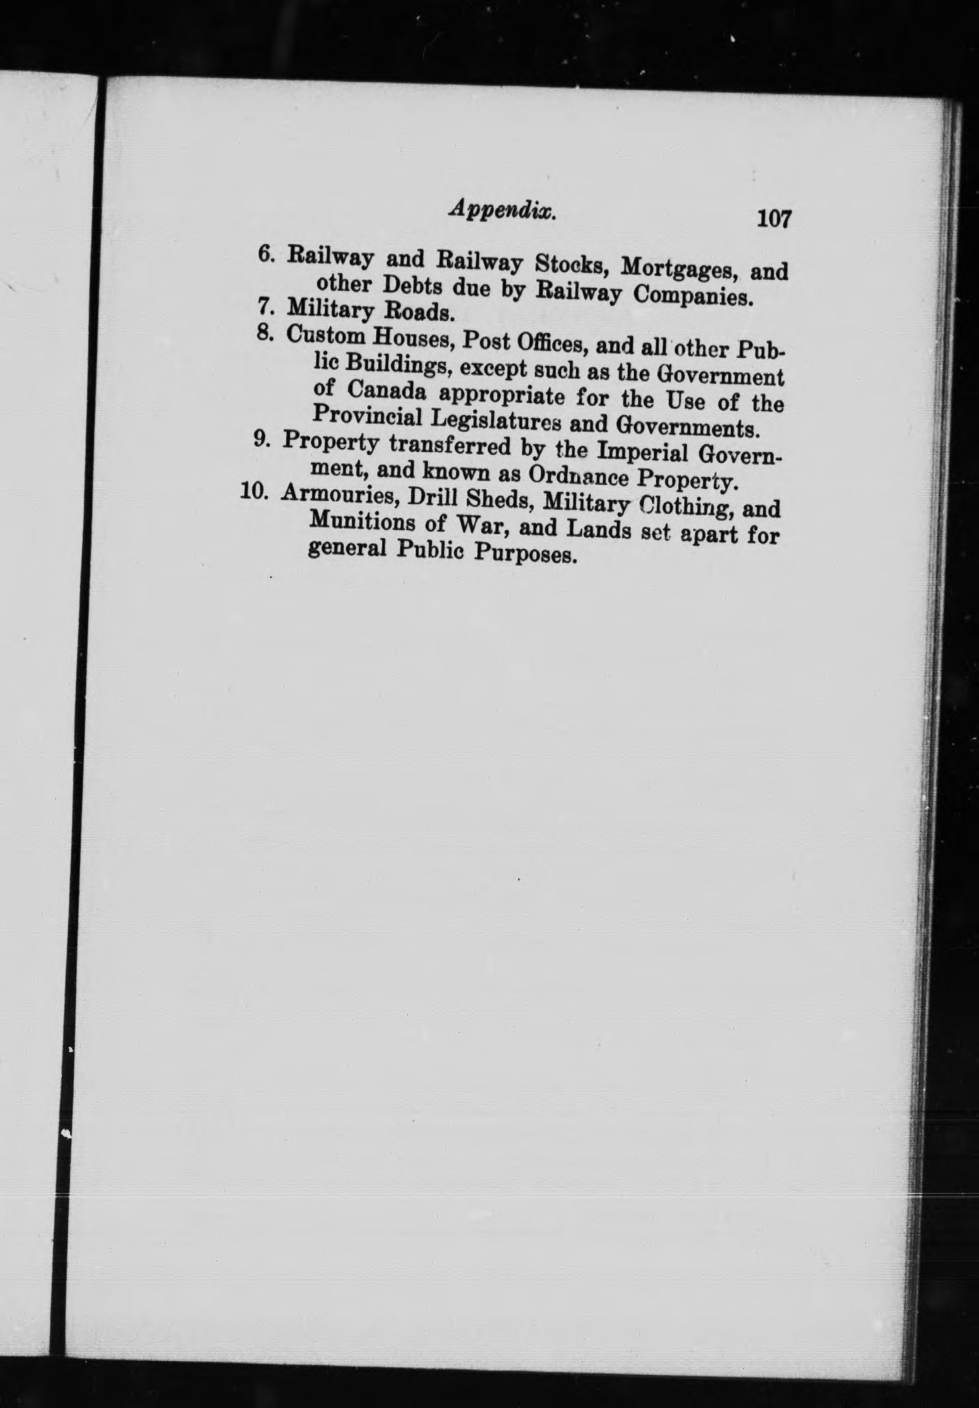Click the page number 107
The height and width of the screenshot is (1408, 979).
(x=774, y=219)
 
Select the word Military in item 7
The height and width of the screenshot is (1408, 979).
(x=331, y=309)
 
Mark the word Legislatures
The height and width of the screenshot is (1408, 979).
(x=497, y=422)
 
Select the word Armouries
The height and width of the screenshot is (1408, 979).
(x=336, y=496)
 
